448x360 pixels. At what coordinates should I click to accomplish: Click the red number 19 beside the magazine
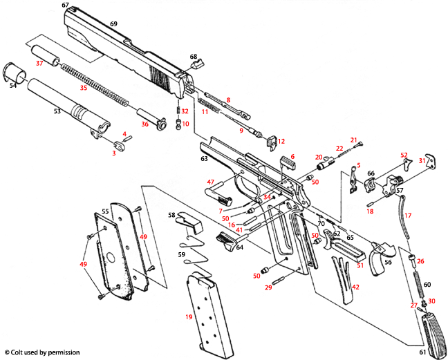(188, 316)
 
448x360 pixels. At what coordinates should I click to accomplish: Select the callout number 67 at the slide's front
(66, 5)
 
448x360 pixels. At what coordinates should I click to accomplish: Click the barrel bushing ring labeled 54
(15, 73)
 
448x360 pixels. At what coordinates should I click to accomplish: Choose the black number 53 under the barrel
(57, 110)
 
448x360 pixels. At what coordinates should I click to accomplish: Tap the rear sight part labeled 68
(195, 67)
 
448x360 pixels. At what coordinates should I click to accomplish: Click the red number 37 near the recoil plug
(39, 64)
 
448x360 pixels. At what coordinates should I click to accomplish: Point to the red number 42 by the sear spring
(355, 286)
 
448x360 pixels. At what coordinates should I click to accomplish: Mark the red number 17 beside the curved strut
(408, 216)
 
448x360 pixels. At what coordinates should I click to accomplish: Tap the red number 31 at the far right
(422, 160)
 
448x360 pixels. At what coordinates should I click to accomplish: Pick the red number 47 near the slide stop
(211, 182)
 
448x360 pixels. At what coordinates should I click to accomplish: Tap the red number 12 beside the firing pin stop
(281, 141)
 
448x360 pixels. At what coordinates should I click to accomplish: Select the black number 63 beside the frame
(204, 159)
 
